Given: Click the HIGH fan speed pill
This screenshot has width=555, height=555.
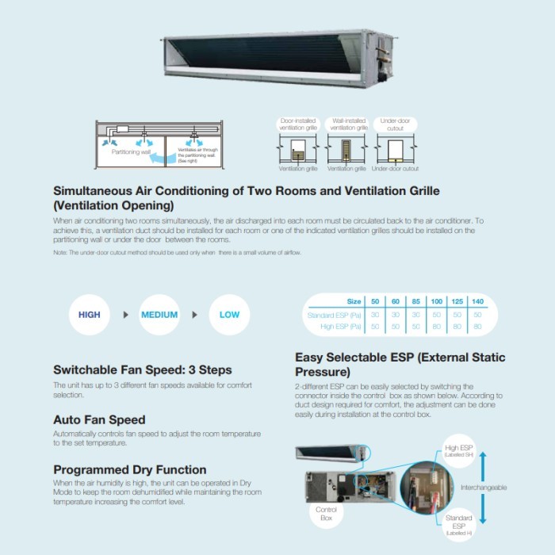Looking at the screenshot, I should coord(90,315).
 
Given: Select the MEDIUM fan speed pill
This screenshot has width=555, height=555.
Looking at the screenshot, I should coord(159,315).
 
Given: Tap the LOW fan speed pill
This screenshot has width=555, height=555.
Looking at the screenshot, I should coord(229,315).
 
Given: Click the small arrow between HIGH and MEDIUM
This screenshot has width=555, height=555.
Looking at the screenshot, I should coord(124,315).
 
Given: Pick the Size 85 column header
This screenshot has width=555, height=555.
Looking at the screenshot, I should coord(416,302).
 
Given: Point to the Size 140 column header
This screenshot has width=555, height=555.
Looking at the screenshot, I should coord(477,302).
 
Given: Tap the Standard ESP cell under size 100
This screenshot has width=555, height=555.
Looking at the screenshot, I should coord(437,315).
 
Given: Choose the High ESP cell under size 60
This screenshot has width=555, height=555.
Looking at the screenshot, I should coord(396,327).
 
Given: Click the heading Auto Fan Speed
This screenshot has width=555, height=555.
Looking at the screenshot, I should coord(99,419).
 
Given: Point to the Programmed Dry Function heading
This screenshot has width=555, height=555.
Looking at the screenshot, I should coord(130,469).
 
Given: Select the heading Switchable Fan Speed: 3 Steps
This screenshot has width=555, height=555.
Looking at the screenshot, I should coord(143,369).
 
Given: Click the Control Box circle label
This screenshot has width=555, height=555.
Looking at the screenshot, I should coord(327,512).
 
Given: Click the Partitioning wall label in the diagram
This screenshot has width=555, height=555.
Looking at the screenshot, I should coord(131,151).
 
